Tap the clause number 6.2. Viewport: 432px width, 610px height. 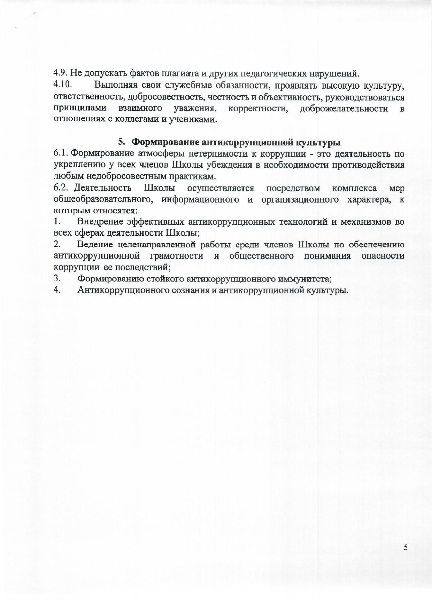tap(61, 188)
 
